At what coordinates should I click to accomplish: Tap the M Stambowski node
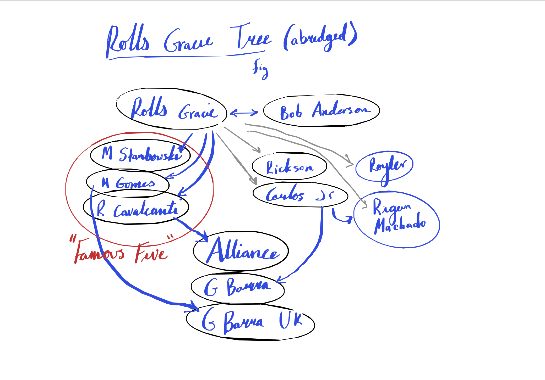[x=140, y=155]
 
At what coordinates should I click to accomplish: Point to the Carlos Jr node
[x=300, y=195]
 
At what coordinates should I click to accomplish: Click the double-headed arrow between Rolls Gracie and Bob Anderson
[x=244, y=113]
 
